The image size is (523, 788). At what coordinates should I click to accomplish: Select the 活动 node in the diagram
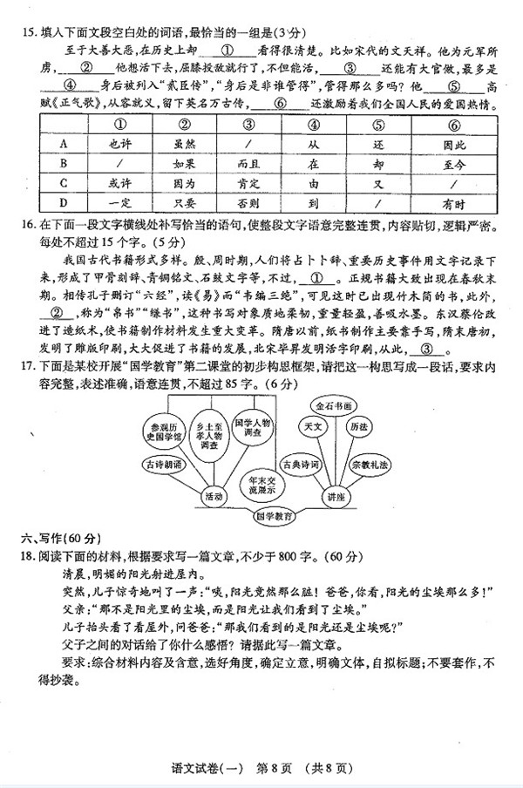click(x=214, y=495)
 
